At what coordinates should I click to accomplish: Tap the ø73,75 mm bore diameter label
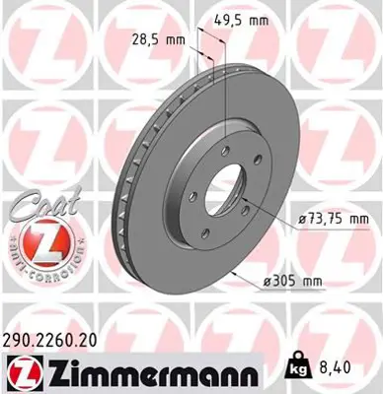click(334, 218)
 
